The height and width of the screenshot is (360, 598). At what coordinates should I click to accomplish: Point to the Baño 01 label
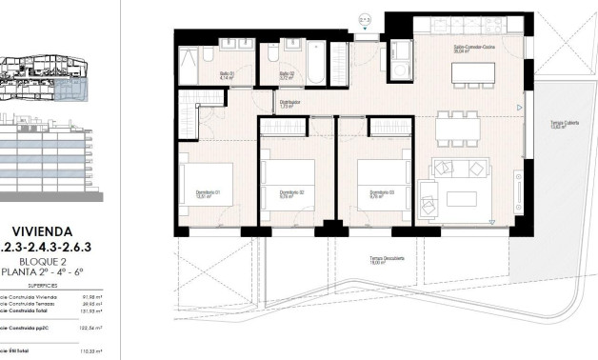coord(227,75)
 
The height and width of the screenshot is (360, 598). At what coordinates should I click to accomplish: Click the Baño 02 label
coord(285,75)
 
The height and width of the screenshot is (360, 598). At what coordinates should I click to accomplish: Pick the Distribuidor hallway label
coord(289,102)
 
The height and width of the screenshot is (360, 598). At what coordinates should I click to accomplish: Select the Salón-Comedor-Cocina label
coord(472,48)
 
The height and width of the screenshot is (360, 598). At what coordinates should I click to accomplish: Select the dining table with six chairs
coord(457,123)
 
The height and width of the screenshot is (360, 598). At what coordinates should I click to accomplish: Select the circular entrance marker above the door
coord(365,18)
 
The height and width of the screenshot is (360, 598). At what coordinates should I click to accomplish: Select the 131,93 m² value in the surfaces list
coord(90,311)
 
